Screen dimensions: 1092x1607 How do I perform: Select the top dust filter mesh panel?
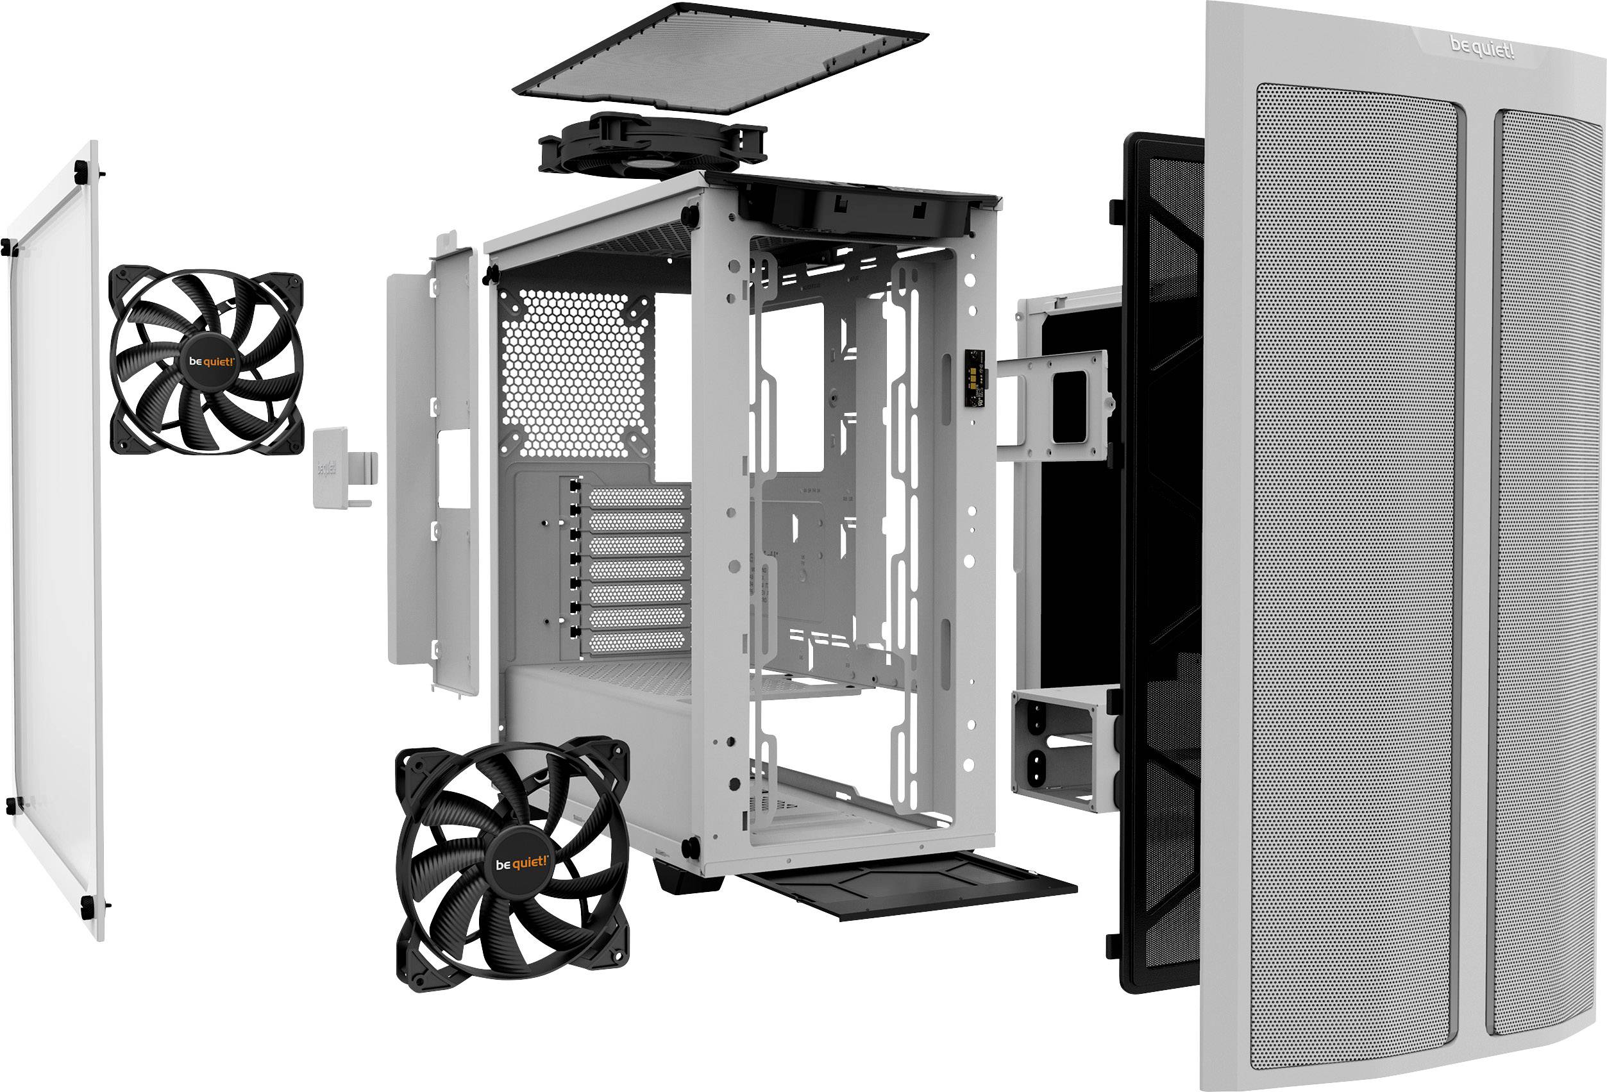point(719,59)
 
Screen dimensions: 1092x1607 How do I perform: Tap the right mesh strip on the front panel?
point(1549,553)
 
